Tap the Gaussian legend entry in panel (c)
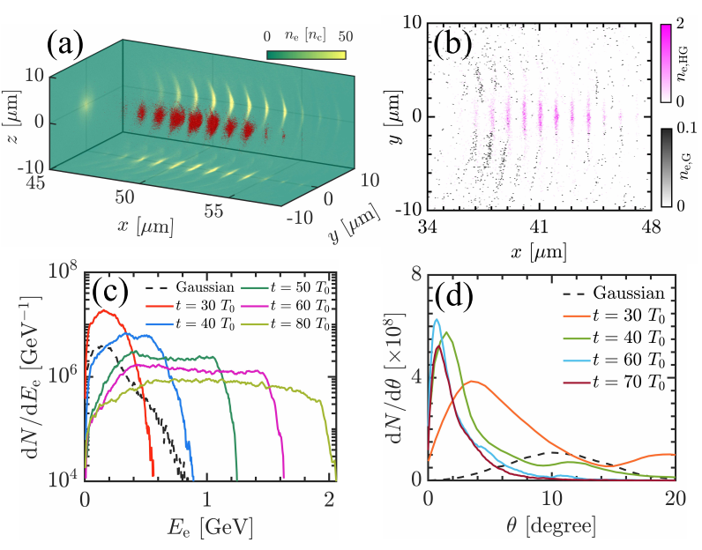pyautogui.click(x=176, y=288)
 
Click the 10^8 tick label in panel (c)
pyautogui.click(x=64, y=271)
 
